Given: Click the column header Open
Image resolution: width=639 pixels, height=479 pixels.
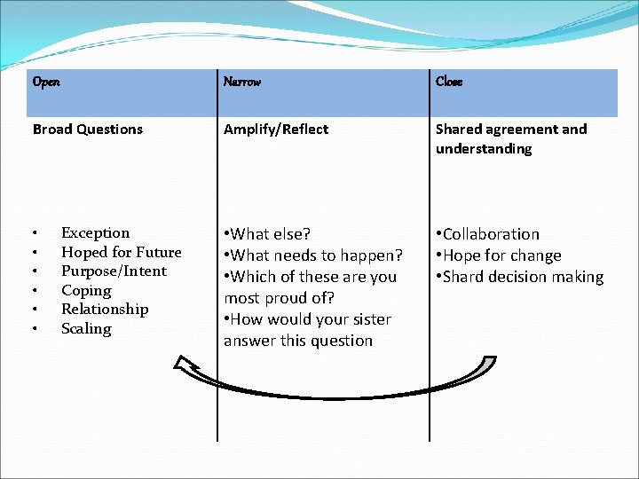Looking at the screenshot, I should [x=46, y=82].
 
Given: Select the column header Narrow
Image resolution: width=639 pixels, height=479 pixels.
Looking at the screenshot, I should [x=242, y=82].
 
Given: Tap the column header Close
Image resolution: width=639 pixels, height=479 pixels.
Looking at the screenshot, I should [x=449, y=82].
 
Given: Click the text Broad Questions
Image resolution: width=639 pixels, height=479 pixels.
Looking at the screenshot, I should [x=87, y=130].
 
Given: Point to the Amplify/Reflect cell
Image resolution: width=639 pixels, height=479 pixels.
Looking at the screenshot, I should [x=276, y=130].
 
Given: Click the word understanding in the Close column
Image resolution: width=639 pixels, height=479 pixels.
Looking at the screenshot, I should [x=484, y=149].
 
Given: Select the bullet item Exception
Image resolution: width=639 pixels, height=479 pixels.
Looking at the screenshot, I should [x=95, y=233].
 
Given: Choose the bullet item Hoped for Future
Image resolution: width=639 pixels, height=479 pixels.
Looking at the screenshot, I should [x=121, y=252].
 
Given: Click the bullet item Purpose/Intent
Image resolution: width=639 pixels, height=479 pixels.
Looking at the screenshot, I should [x=114, y=271].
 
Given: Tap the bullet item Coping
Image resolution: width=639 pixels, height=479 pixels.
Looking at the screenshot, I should [x=86, y=290].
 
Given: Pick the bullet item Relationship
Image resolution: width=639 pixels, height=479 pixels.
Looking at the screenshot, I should [x=105, y=310].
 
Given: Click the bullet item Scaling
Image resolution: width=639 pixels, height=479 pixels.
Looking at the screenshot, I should [x=86, y=329].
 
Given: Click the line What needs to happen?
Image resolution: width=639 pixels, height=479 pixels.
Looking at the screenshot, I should [x=313, y=255].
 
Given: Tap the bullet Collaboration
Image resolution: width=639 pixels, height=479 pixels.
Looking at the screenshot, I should [x=488, y=234].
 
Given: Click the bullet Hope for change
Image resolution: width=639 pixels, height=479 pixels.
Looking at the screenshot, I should [x=499, y=255].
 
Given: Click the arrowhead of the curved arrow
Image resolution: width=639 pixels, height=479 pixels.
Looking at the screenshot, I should [x=189, y=364].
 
